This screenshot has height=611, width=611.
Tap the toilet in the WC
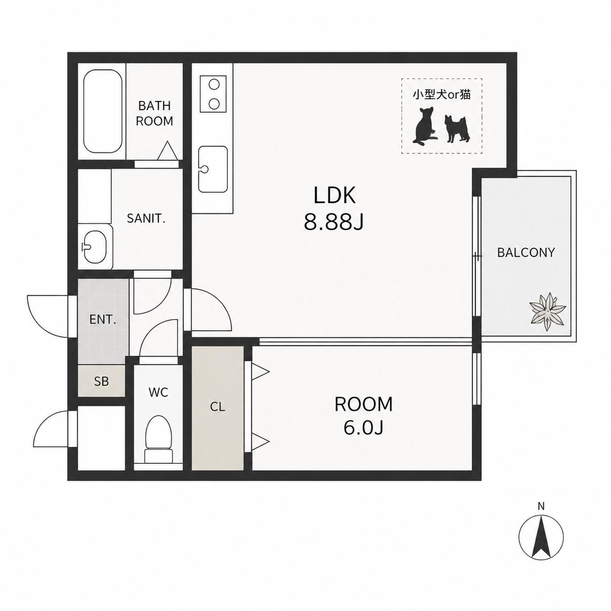(158, 439)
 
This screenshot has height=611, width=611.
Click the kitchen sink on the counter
(212, 169)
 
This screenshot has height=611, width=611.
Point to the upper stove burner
(214, 85)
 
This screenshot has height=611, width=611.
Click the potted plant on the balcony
(548, 312)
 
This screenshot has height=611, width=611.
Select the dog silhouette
(457, 129)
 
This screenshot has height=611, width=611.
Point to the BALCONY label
(526, 252)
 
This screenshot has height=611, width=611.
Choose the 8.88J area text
(334, 222)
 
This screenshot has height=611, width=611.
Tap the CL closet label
(217, 407)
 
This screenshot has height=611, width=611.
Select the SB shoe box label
(101, 382)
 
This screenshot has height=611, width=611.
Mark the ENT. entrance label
(102, 319)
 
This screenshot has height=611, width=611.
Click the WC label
(158, 393)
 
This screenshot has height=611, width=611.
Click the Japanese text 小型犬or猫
(441, 95)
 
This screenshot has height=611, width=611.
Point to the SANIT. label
(146, 218)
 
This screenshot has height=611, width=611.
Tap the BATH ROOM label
(154, 113)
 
